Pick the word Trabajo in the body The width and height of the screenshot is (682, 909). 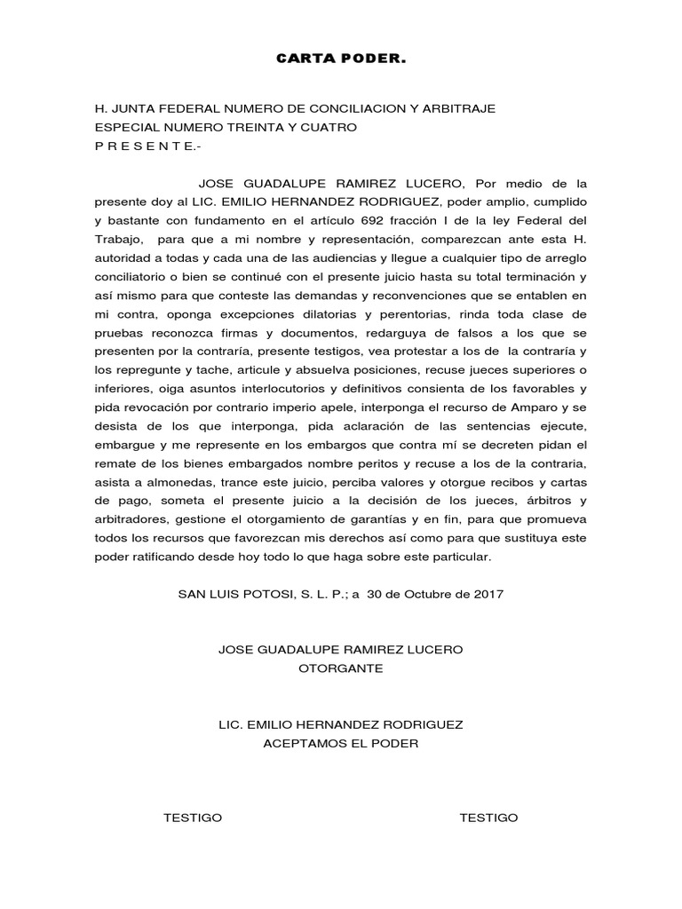[120, 239]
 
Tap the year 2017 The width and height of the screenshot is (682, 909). [488, 594]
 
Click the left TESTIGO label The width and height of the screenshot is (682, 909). [193, 818]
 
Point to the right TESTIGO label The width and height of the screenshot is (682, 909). [488, 818]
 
